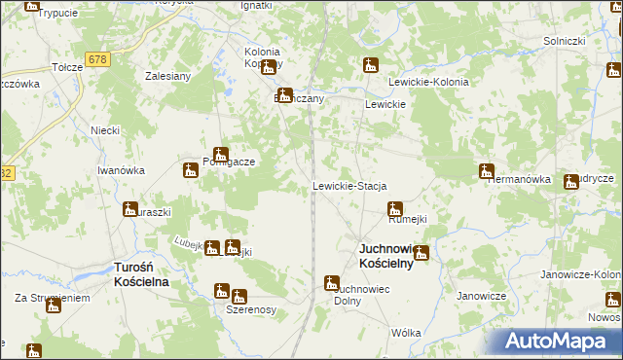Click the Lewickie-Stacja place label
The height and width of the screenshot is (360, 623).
click(349, 186)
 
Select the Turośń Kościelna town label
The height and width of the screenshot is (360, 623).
click(141, 274)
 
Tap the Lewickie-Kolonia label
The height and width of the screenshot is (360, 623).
click(428, 83)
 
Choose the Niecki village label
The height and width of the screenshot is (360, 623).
click(104, 130)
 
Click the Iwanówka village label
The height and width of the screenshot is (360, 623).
click(121, 170)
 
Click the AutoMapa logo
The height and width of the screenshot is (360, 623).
click(556, 341)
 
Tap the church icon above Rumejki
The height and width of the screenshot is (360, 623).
click(394, 208)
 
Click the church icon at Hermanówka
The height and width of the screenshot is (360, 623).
click(486, 171)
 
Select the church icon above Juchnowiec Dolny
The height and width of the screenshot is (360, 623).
click(331, 283)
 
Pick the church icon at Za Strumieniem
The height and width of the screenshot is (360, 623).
click(54, 306)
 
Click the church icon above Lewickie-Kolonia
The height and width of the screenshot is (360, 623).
click(370, 66)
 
